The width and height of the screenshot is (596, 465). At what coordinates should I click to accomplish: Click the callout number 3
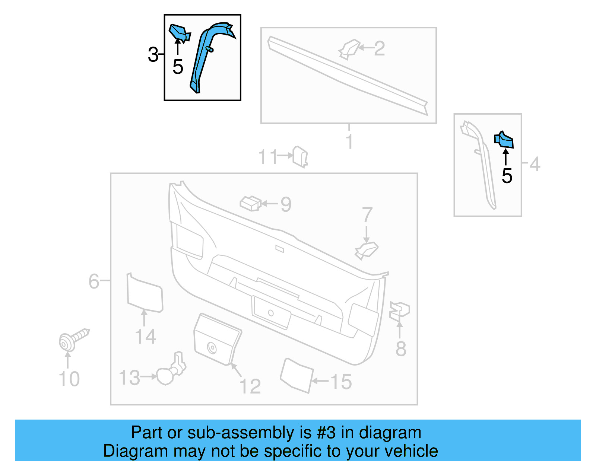(x=153, y=55)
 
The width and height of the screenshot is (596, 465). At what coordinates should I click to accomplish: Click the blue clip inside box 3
(x=179, y=32)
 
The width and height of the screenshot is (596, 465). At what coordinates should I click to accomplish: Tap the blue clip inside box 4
(x=504, y=140)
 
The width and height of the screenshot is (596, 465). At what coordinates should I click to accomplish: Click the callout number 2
(x=379, y=48)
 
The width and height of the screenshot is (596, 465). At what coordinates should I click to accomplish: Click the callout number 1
(x=349, y=142)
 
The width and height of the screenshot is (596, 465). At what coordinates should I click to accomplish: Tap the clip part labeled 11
(x=300, y=157)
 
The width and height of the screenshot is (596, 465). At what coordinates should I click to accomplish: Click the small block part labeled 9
(x=250, y=203)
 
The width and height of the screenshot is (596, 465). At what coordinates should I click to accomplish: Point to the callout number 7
(x=367, y=215)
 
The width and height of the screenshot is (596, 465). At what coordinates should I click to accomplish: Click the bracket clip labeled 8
(x=399, y=311)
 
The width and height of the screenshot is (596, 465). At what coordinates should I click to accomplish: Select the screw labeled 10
(x=73, y=339)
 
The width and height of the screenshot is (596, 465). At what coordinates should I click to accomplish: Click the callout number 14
(x=145, y=337)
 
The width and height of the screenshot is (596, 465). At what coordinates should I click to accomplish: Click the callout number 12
(x=250, y=386)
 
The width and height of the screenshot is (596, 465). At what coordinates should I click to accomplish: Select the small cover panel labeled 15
(x=297, y=375)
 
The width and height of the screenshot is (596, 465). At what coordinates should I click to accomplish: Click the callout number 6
(x=93, y=281)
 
